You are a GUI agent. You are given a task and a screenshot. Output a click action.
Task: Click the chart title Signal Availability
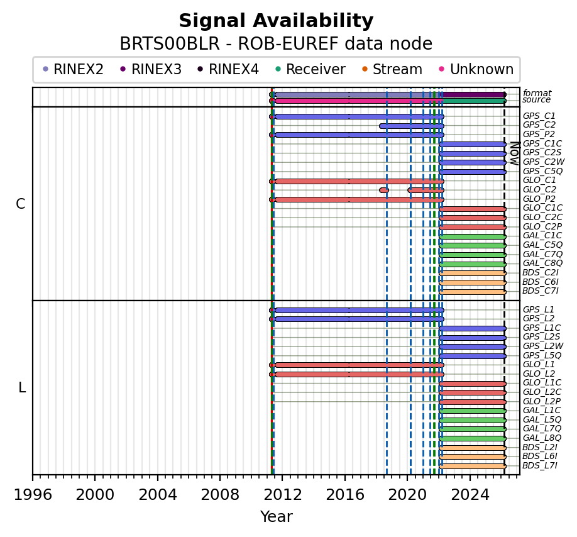coord(276,21)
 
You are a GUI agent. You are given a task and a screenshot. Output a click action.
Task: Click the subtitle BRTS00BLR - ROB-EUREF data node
coord(276,44)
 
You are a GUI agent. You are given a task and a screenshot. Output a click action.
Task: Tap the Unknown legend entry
coord(481,69)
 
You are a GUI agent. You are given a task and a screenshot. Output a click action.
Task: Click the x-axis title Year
coord(276,517)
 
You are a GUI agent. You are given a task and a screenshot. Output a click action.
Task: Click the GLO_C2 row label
coord(539,189)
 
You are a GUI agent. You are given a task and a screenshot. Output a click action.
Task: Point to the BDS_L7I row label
coord(540,465)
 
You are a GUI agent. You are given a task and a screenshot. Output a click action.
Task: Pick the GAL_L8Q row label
coord(542,438)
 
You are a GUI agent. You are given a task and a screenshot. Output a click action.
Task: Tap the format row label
coord(537,93)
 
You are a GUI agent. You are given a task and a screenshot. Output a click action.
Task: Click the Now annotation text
coord(514,153)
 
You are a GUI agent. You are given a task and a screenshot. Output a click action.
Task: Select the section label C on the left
coord(21,204)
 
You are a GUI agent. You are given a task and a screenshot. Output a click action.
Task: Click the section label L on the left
coord(22,387)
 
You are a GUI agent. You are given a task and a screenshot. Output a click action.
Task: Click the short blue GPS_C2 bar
coord(411,126)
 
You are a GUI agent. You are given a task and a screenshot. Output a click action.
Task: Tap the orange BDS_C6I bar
coord(472,282)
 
